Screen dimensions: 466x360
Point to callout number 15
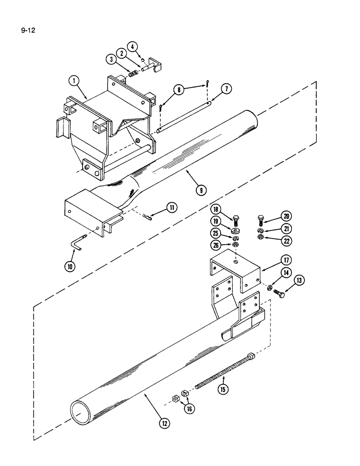tap(223, 389)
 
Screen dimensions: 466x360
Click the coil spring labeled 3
tap(133, 74)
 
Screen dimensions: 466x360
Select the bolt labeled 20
tap(260, 219)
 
